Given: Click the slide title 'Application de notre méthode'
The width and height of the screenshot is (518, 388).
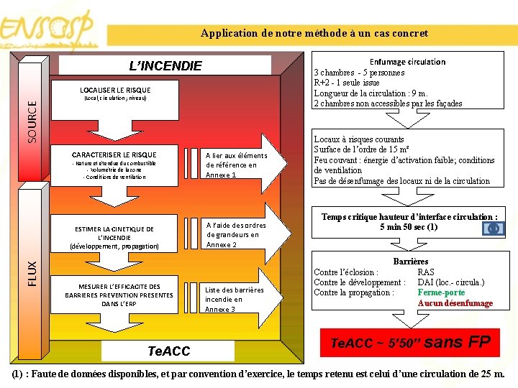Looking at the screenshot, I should (x=314, y=33).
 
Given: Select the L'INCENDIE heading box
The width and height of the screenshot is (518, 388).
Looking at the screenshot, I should (x=165, y=66).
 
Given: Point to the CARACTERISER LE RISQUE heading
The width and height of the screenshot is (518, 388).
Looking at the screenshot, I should (x=114, y=154).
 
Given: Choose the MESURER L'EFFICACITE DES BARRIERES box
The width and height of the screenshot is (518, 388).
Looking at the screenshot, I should (x=119, y=295).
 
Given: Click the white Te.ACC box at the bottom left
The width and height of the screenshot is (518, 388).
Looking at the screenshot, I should (x=168, y=351).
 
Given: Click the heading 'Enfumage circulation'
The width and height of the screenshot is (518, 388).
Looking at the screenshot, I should (x=407, y=62).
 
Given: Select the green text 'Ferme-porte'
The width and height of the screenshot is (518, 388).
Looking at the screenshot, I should (x=441, y=292).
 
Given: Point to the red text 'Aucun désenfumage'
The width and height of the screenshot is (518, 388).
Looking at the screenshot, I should (x=455, y=303).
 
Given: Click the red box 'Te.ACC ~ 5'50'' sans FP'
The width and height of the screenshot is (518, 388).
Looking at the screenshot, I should (x=409, y=343).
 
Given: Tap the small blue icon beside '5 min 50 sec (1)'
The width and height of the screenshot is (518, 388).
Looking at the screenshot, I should (x=493, y=228).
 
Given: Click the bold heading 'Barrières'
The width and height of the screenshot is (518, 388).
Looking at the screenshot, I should (x=411, y=262).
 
